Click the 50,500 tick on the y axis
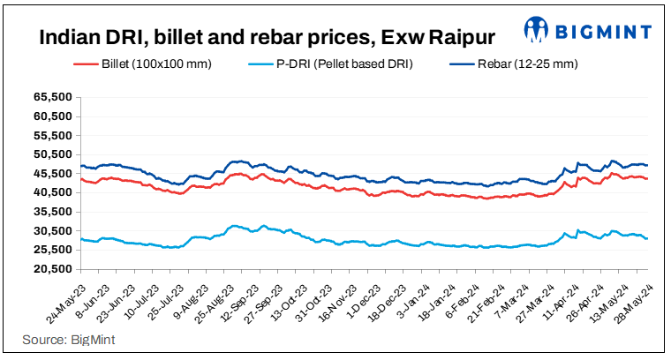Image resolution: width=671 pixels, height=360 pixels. tap(53, 155)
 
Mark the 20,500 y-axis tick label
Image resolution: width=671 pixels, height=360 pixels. tap(53, 269)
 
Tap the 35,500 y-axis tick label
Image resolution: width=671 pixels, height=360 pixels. tap(53, 212)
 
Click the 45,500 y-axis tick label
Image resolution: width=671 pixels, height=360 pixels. tap(53, 174)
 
